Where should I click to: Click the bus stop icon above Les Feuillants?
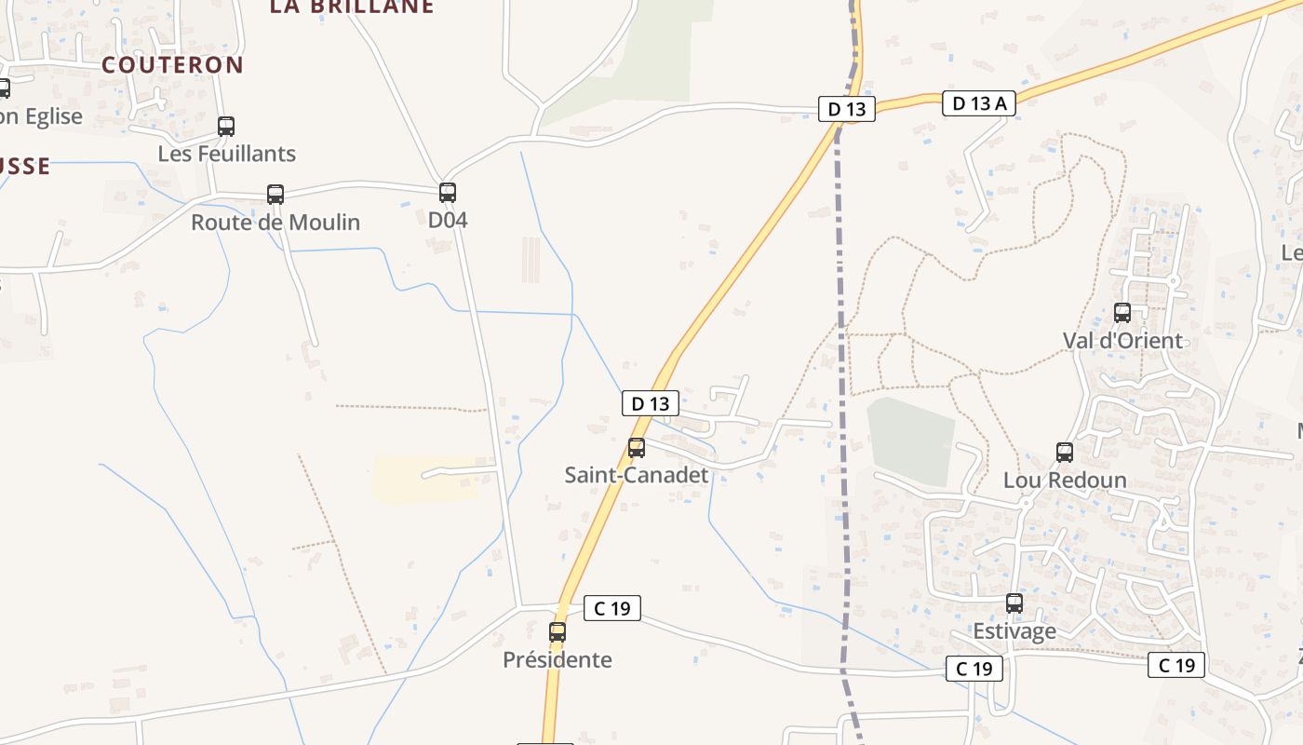(226, 127)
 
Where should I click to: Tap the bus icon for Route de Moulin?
(275, 195)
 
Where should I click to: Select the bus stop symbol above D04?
(448, 193)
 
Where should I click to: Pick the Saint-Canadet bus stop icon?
(637, 448)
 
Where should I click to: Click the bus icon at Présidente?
(557, 632)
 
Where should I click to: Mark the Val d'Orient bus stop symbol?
(1122, 313)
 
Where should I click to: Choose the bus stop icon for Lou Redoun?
(1065, 453)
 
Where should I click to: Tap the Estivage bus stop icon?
(1014, 603)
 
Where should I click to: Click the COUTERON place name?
(172, 65)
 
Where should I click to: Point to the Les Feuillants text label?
(227, 154)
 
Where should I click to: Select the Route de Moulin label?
(275, 223)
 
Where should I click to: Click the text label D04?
(448, 221)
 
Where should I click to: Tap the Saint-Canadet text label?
(637, 475)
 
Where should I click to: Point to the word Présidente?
(557, 660)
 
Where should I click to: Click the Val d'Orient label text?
(1122, 341)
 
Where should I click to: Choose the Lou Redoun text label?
(1065, 481)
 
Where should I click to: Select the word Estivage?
(1014, 631)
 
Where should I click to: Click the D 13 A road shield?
(979, 103)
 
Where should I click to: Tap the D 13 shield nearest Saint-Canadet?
(651, 404)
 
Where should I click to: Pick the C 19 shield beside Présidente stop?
(612, 609)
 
